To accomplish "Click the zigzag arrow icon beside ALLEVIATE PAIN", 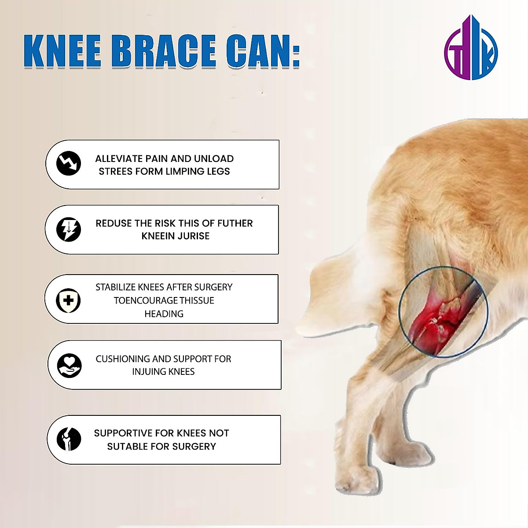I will pos(69,163).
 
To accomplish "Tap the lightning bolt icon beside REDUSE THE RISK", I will pos(69,229).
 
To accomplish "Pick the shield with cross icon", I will pos(69,301).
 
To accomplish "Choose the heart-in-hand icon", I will pos(70,365).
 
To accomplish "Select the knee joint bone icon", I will pos(69,439).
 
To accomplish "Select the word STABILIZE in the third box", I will pos(116,287).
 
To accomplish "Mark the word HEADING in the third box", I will pos(164,314).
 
